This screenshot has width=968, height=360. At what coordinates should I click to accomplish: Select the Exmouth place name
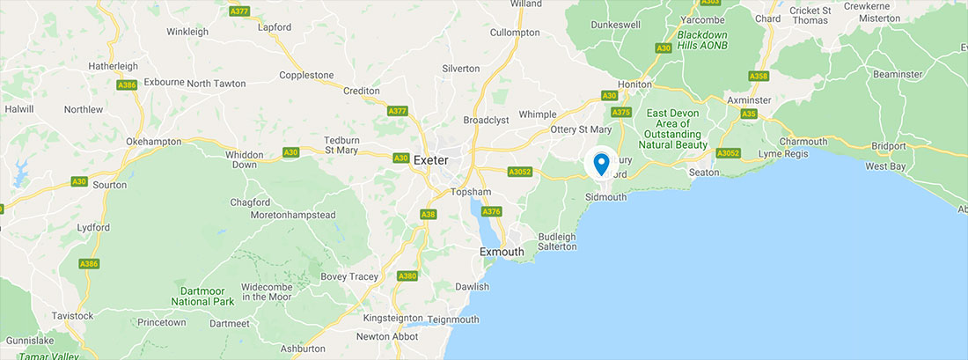pyautogui.click(x=502, y=252)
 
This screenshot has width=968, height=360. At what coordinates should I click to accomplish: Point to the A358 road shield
pyautogui.click(x=759, y=77)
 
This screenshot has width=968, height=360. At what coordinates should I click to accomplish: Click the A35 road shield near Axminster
pyautogui.click(x=749, y=114)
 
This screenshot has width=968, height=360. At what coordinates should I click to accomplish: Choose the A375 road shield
pyautogui.click(x=621, y=112)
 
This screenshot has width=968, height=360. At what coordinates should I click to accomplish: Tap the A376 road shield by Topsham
pyautogui.click(x=492, y=211)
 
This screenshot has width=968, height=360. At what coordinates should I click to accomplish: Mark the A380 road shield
pyautogui.click(x=407, y=276)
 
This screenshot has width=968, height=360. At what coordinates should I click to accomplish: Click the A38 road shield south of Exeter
pyautogui.click(x=429, y=214)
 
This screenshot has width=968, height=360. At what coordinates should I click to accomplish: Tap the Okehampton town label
pyautogui.click(x=153, y=141)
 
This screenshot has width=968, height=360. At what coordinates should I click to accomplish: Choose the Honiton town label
pyautogui.click(x=634, y=84)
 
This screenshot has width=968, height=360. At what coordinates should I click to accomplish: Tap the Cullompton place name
pyautogui.click(x=515, y=33)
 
